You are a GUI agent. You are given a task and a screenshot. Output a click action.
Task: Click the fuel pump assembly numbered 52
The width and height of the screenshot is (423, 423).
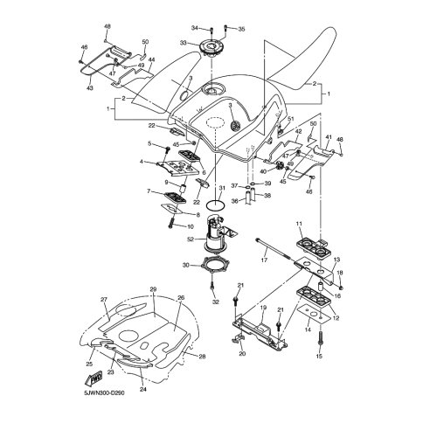217,234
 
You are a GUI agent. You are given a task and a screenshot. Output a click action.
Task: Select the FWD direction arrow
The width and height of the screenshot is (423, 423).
94,378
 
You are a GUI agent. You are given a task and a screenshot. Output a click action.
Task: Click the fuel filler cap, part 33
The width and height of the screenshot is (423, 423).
211,47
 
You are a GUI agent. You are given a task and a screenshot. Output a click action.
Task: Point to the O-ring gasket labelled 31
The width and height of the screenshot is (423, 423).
216,205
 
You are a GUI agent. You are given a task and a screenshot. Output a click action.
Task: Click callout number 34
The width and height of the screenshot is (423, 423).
195,28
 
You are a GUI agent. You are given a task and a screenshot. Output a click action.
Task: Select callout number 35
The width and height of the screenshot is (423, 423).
241,29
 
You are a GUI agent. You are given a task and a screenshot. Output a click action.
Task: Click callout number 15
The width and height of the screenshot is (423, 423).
319,356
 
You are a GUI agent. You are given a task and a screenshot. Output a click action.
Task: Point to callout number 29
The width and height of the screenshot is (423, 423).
153,289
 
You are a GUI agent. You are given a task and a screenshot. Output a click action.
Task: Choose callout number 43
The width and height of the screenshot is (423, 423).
90,87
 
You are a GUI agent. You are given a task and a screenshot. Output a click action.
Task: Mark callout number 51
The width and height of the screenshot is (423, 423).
291,119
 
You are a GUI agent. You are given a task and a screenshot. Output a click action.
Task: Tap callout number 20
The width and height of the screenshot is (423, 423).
242,354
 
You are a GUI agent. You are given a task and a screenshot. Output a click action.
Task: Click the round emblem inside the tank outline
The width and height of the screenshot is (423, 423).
235,126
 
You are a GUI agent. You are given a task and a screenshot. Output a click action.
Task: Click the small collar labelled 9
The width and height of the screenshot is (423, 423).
184,190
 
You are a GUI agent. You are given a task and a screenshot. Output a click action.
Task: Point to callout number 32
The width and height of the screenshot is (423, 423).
215,302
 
